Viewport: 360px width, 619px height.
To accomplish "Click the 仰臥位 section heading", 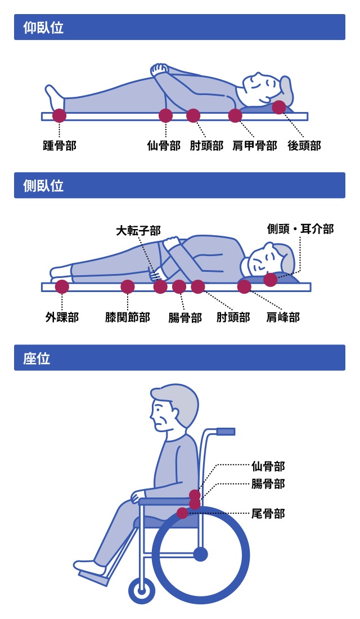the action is point(43,28).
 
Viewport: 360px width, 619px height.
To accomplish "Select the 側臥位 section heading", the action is point(43,186).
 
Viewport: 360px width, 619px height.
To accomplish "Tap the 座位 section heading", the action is point(37,358).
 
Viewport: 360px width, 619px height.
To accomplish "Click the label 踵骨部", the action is point(59,145).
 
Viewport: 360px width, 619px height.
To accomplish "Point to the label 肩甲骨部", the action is point(255,145).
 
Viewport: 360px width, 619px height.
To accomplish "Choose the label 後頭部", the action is point(304,145).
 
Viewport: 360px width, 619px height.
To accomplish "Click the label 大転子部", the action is point(138,231).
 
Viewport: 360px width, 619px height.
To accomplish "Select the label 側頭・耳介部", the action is point(300,229).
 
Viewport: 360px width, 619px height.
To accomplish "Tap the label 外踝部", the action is point(62,317).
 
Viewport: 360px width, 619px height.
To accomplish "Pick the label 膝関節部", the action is point(128,317).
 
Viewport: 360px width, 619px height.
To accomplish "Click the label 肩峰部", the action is point(283,317).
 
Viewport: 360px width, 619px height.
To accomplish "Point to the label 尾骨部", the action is point(268,513).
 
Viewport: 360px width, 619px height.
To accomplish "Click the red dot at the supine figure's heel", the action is point(59,115).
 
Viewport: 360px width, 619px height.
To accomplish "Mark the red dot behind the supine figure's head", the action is point(278,107).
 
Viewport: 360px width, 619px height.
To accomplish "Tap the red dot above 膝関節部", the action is point(128,286).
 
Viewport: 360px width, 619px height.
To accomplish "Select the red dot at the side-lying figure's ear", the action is point(271,280).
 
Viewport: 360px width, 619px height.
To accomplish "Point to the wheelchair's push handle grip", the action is point(226,432).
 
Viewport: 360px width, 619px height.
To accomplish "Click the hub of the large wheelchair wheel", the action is point(200,554).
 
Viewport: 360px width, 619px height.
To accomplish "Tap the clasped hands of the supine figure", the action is point(160,69).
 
